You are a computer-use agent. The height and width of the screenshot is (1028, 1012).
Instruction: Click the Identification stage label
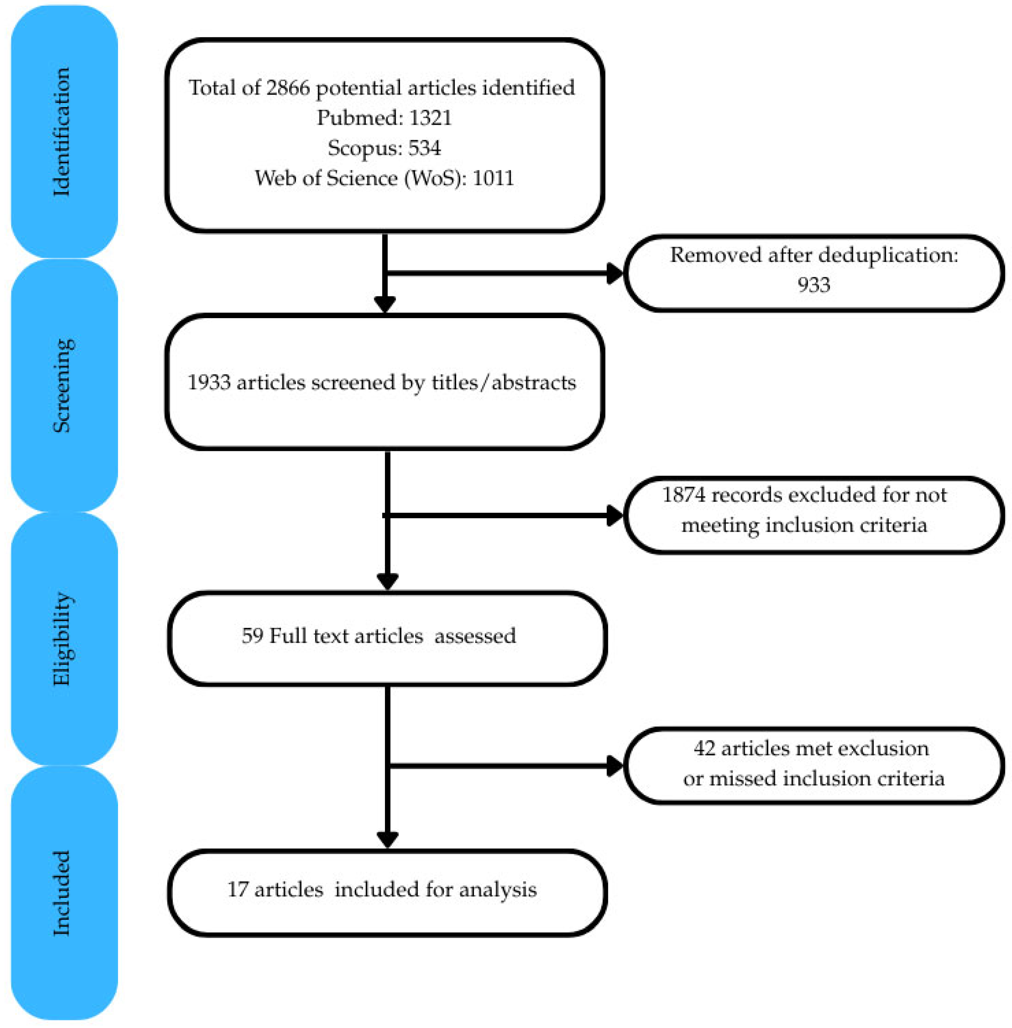point(62,132)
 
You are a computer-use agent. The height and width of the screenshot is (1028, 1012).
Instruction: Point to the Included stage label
point(62,893)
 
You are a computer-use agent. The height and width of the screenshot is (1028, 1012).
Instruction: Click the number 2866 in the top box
point(288,88)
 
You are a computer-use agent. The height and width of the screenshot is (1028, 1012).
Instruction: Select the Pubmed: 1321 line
point(384,117)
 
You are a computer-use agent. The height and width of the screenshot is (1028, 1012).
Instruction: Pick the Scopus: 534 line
point(384,148)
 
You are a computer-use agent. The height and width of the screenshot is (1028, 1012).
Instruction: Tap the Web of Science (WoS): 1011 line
point(384,178)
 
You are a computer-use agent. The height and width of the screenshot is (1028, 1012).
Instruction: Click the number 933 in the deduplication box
point(813,285)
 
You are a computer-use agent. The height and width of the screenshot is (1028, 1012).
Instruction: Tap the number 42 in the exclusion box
point(704,748)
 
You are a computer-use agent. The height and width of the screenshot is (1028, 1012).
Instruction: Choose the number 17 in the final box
point(237,889)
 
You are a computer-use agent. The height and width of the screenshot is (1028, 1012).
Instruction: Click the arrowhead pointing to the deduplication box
point(615,274)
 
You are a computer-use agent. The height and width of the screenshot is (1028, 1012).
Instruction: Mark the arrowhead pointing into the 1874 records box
point(615,515)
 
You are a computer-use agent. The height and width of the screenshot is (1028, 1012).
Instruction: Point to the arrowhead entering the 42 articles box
point(615,766)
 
